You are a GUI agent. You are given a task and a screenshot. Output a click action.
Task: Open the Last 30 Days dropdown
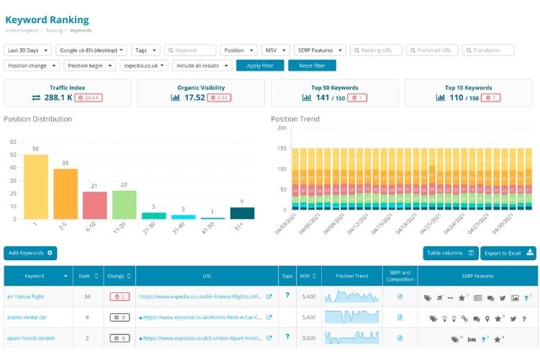pos(28,50)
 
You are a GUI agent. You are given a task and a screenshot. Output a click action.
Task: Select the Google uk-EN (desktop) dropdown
pos(92,50)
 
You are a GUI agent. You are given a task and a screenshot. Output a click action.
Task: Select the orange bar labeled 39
pos(66,194)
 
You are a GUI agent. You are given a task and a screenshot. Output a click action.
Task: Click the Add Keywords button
pos(30,253)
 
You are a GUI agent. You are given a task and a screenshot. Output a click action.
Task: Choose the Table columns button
pos(451,253)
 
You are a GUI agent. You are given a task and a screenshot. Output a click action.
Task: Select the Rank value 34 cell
pos(88,296)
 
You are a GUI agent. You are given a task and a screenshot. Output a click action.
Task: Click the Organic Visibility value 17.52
pos(194,97)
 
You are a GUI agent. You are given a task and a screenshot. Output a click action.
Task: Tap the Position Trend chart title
pos(296,119)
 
